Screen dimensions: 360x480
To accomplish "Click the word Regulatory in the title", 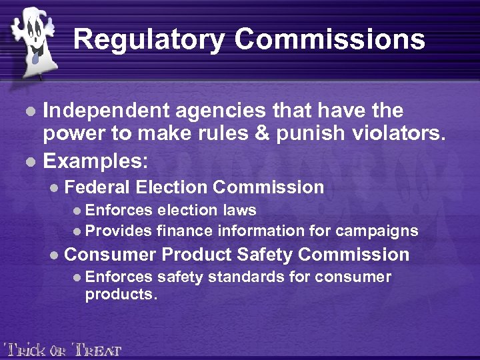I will (149, 39).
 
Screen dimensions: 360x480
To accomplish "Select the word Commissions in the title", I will (329, 39).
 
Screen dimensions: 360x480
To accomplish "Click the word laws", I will (240, 210).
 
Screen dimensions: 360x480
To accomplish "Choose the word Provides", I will (119, 231).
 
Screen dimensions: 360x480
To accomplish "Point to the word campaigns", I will (377, 231).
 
